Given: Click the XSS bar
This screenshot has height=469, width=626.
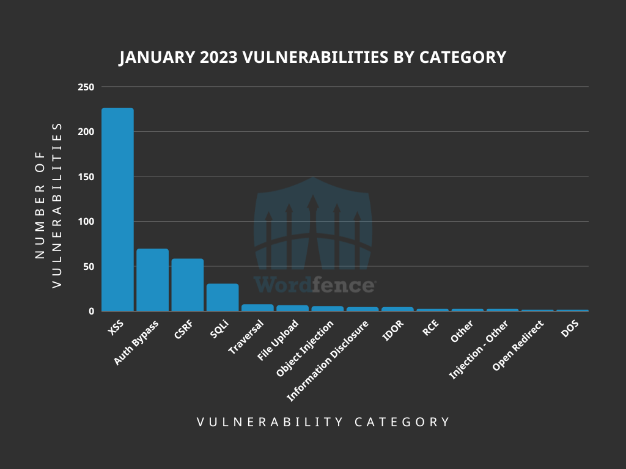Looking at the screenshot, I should coord(117,209).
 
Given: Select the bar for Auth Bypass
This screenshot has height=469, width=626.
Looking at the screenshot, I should coord(152,280).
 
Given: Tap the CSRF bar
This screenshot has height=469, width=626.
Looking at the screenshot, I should coord(187,285).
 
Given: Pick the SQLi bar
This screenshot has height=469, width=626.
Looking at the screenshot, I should coord(223,297).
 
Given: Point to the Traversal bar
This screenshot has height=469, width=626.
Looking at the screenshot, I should coord(257,308).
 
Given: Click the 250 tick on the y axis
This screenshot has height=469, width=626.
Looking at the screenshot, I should coord(86,87).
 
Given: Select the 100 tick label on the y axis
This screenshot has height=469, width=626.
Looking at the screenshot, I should coord(86,222).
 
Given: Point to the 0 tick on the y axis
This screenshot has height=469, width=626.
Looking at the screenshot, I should coord(91,311).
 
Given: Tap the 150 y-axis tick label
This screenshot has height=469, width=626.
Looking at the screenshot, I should coord(86,177).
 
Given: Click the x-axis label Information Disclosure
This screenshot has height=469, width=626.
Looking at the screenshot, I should coord(328,361).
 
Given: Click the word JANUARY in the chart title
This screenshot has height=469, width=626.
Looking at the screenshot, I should coord(156,58).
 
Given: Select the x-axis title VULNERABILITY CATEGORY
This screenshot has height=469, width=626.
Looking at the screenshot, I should coord(323,422).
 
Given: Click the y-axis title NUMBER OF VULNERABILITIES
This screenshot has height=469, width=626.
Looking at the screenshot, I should coord(48,205).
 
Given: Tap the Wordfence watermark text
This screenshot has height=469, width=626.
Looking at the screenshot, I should coord(314,285).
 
